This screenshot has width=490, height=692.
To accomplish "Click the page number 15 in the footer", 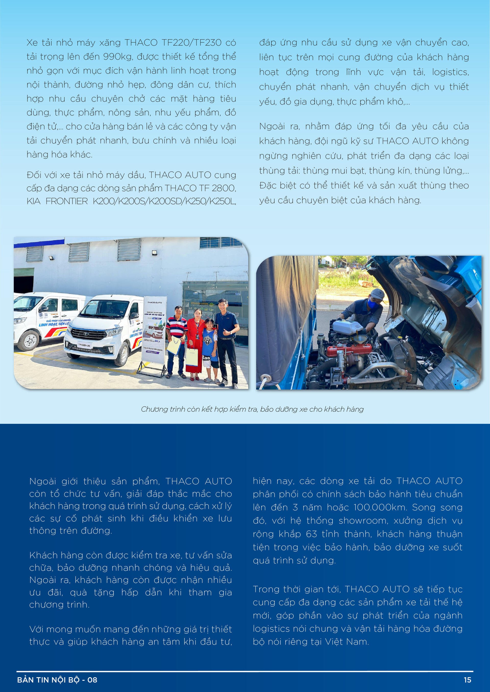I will tap(467, 680).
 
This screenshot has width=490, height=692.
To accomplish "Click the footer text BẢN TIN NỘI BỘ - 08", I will tap(57, 680).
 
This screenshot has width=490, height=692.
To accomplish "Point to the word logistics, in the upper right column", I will tap(450, 72).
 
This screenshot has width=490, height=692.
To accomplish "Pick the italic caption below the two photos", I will tap(252, 409).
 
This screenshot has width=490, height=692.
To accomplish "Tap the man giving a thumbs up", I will tap(227, 337).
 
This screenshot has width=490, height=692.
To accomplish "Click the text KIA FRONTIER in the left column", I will tap(57, 201).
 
